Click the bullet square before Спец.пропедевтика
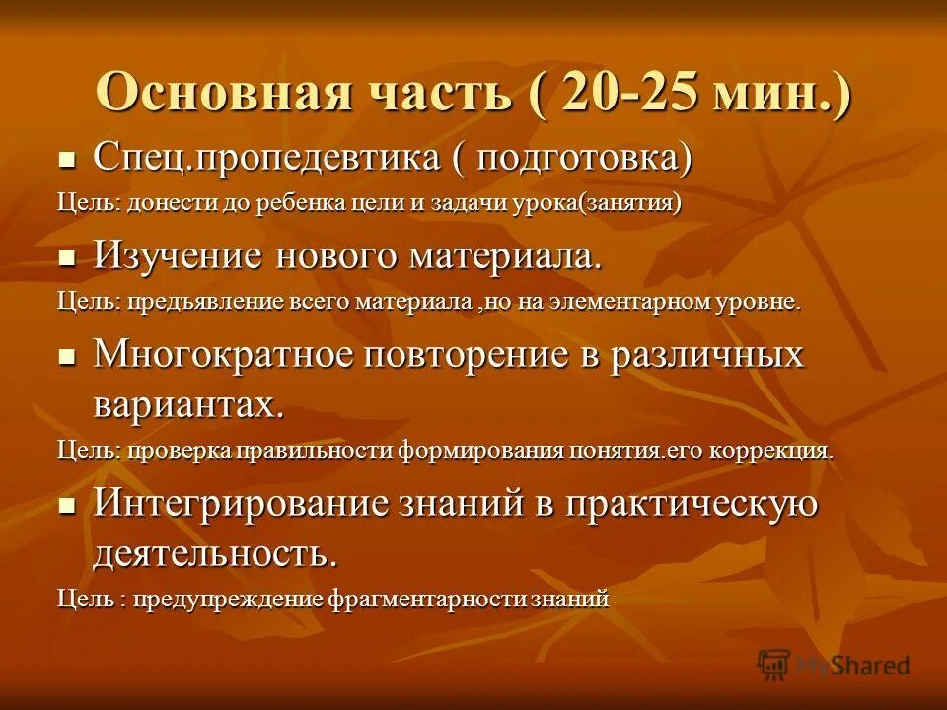point(67,158)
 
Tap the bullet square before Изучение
point(67,258)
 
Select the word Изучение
point(179,257)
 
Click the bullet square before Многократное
point(67,357)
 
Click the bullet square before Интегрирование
point(67,505)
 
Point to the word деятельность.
point(214,552)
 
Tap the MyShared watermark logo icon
point(774,665)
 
